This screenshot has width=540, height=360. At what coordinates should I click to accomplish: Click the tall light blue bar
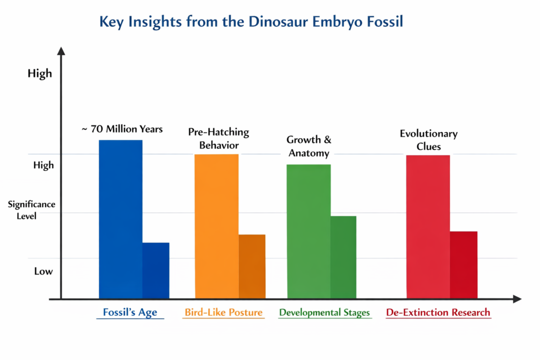[121, 219]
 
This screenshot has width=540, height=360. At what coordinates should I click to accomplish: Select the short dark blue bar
[156, 270]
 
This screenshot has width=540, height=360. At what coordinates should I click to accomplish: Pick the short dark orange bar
[252, 266]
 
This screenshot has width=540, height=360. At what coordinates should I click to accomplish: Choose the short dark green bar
[343, 257]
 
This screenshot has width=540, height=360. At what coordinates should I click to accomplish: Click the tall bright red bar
[428, 227]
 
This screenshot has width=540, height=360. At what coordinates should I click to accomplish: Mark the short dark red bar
[463, 265]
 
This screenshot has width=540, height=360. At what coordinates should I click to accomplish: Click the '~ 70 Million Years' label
[122, 129]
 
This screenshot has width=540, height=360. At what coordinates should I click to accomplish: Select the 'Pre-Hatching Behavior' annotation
[218, 138]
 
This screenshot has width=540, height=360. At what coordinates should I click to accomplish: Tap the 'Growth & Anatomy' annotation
[308, 147]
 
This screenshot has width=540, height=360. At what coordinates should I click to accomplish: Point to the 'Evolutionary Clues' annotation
[428, 140]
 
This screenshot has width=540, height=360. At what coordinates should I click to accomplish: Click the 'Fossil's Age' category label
[130, 313]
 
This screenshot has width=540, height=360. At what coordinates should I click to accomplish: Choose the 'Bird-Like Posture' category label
[223, 313]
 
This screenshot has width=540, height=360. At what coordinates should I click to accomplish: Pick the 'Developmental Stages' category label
[324, 313]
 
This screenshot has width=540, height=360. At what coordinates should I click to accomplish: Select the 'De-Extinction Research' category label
[438, 313]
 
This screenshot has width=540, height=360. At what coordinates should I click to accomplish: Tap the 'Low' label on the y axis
[43, 271]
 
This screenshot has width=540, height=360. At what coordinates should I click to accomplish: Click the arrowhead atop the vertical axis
[61, 51]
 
